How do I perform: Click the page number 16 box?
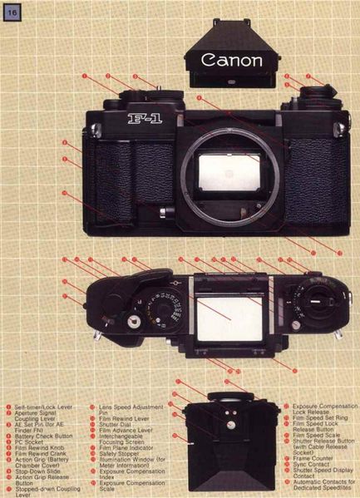click(x=13, y=12)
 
